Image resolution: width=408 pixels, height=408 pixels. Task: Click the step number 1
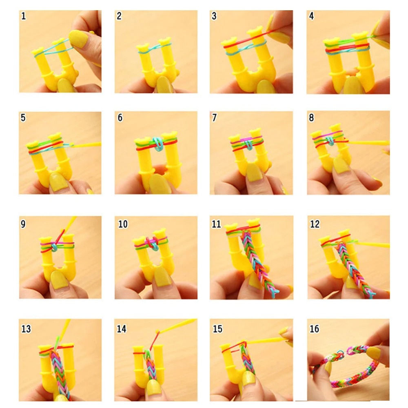pos(23,17)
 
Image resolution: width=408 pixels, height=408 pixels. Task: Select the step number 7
pos(215,118)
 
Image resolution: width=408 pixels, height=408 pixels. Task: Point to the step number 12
pos(315,224)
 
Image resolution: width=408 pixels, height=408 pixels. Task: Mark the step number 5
pos(23,118)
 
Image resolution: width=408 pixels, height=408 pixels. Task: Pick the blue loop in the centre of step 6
pos(156,144)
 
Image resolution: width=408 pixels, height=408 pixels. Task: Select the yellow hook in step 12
pos(371,245)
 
